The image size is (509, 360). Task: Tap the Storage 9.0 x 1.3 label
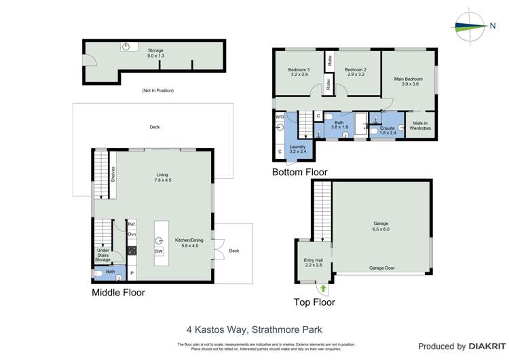pos(155,54)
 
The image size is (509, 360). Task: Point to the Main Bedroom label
pos(408,82)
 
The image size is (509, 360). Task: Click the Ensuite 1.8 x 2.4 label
pos(388,131)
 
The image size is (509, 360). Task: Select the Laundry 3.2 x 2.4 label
pos(298,149)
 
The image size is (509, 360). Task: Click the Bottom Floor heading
pos(299,173)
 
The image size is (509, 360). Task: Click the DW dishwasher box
pos(159,251)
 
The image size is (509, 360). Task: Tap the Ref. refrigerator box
pos(132,224)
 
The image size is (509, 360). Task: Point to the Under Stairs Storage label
pos(102,255)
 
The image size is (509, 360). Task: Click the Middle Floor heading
pos(118,293)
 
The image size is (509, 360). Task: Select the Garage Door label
pos(382,268)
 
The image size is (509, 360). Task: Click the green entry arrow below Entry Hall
pos(323,288)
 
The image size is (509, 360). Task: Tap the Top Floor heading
pos(314,302)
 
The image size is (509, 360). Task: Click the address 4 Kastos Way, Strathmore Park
pos(254,330)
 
